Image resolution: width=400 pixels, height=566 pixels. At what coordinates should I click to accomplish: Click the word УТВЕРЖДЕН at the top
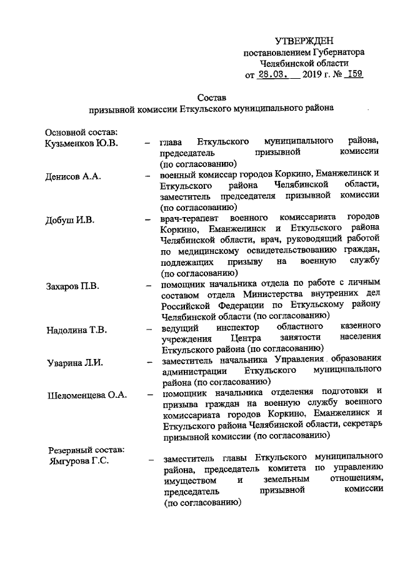pyautogui.click(x=303, y=41)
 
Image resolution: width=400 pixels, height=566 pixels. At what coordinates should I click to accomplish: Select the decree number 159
pyautogui.click(x=354, y=74)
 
